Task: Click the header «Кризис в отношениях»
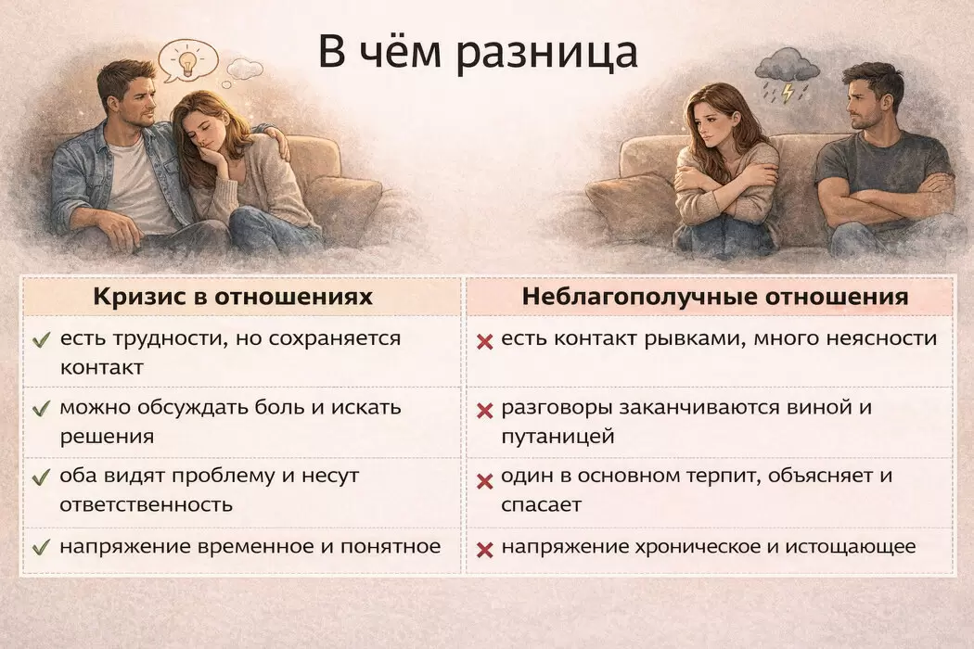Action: pyautogui.click(x=233, y=297)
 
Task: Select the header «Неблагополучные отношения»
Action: pyautogui.click(x=715, y=297)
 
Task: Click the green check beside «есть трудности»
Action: pyautogui.click(x=41, y=339)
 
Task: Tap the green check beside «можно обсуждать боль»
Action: pyautogui.click(x=41, y=408)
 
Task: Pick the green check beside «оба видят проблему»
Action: pyautogui.click(x=41, y=477)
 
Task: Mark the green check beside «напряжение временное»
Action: pyautogui.click(x=41, y=547)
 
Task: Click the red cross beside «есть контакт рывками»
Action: pyautogui.click(x=484, y=341)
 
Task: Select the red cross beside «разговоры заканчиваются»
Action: pyautogui.click(x=484, y=411)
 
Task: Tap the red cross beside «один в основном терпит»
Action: pyautogui.click(x=484, y=481)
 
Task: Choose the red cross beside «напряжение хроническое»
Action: pyautogui.click(x=484, y=550)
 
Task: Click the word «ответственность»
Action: pyautogui.click(x=146, y=504)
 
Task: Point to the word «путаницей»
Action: pyautogui.click(x=557, y=437)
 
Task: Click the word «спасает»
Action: pyautogui.click(x=541, y=504)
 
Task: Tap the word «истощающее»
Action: pyautogui.click(x=851, y=547)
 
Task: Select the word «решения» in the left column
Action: pyautogui.click(x=107, y=437)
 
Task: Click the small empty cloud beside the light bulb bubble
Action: pyautogui.click(x=245, y=68)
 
